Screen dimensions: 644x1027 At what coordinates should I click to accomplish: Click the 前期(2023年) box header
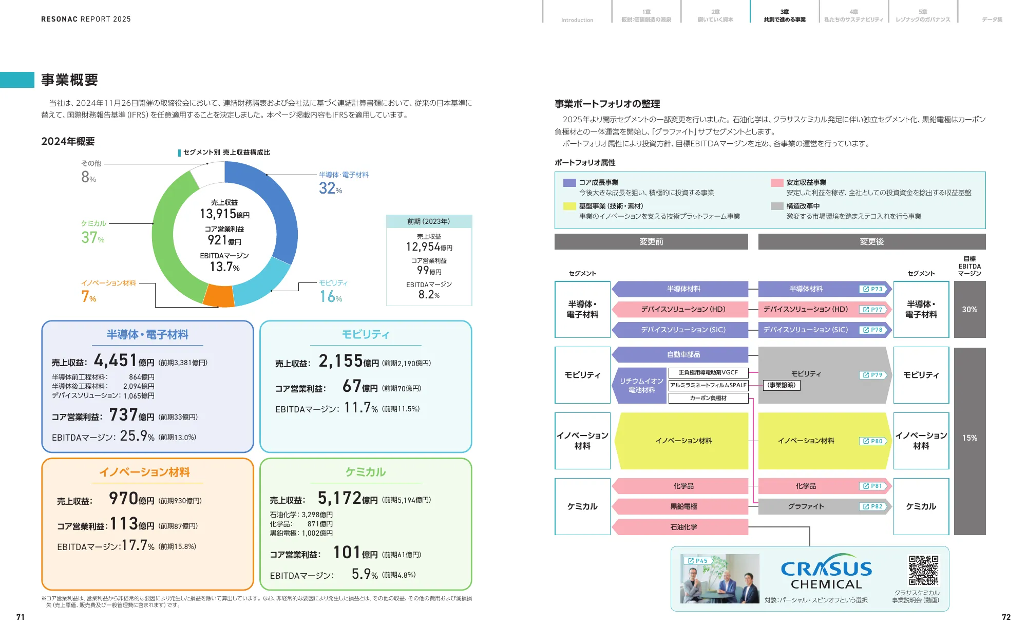pos(429,221)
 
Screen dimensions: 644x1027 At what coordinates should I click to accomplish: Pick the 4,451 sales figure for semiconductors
pos(116,361)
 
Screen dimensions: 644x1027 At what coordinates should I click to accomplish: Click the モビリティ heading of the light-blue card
pos(366,335)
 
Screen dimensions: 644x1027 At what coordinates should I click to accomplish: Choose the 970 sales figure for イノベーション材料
pos(124,498)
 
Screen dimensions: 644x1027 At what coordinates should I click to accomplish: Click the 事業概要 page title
pos(69,80)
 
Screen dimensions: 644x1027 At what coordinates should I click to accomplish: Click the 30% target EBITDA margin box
pos(969,309)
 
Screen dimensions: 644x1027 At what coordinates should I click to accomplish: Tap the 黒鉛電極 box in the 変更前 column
pos(683,506)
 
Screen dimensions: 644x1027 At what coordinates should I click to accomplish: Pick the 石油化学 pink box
pos(683,527)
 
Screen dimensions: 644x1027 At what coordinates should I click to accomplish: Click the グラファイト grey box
pos(806,506)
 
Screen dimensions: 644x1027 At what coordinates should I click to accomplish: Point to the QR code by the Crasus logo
pos(923,570)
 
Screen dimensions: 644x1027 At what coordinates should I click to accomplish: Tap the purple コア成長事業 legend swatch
pos(569,182)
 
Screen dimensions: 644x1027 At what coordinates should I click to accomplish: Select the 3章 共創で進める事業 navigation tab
pos(784,16)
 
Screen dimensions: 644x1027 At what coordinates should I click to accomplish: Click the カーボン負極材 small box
pos(708,398)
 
